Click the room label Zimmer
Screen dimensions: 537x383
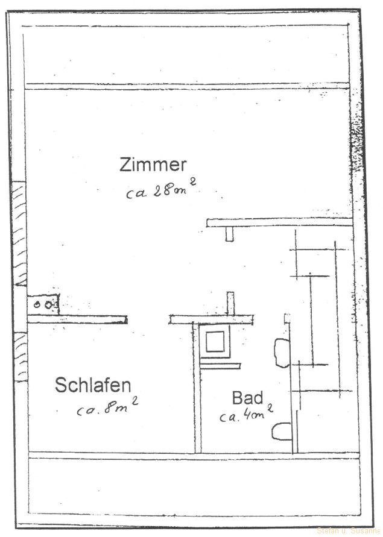[153, 165]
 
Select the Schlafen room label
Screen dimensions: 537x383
[93, 385]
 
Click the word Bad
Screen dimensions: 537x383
[247, 398]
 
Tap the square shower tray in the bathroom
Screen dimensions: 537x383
[215, 342]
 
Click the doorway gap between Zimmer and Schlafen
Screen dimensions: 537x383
[148, 319]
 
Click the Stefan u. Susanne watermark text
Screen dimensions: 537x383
[349, 530]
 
